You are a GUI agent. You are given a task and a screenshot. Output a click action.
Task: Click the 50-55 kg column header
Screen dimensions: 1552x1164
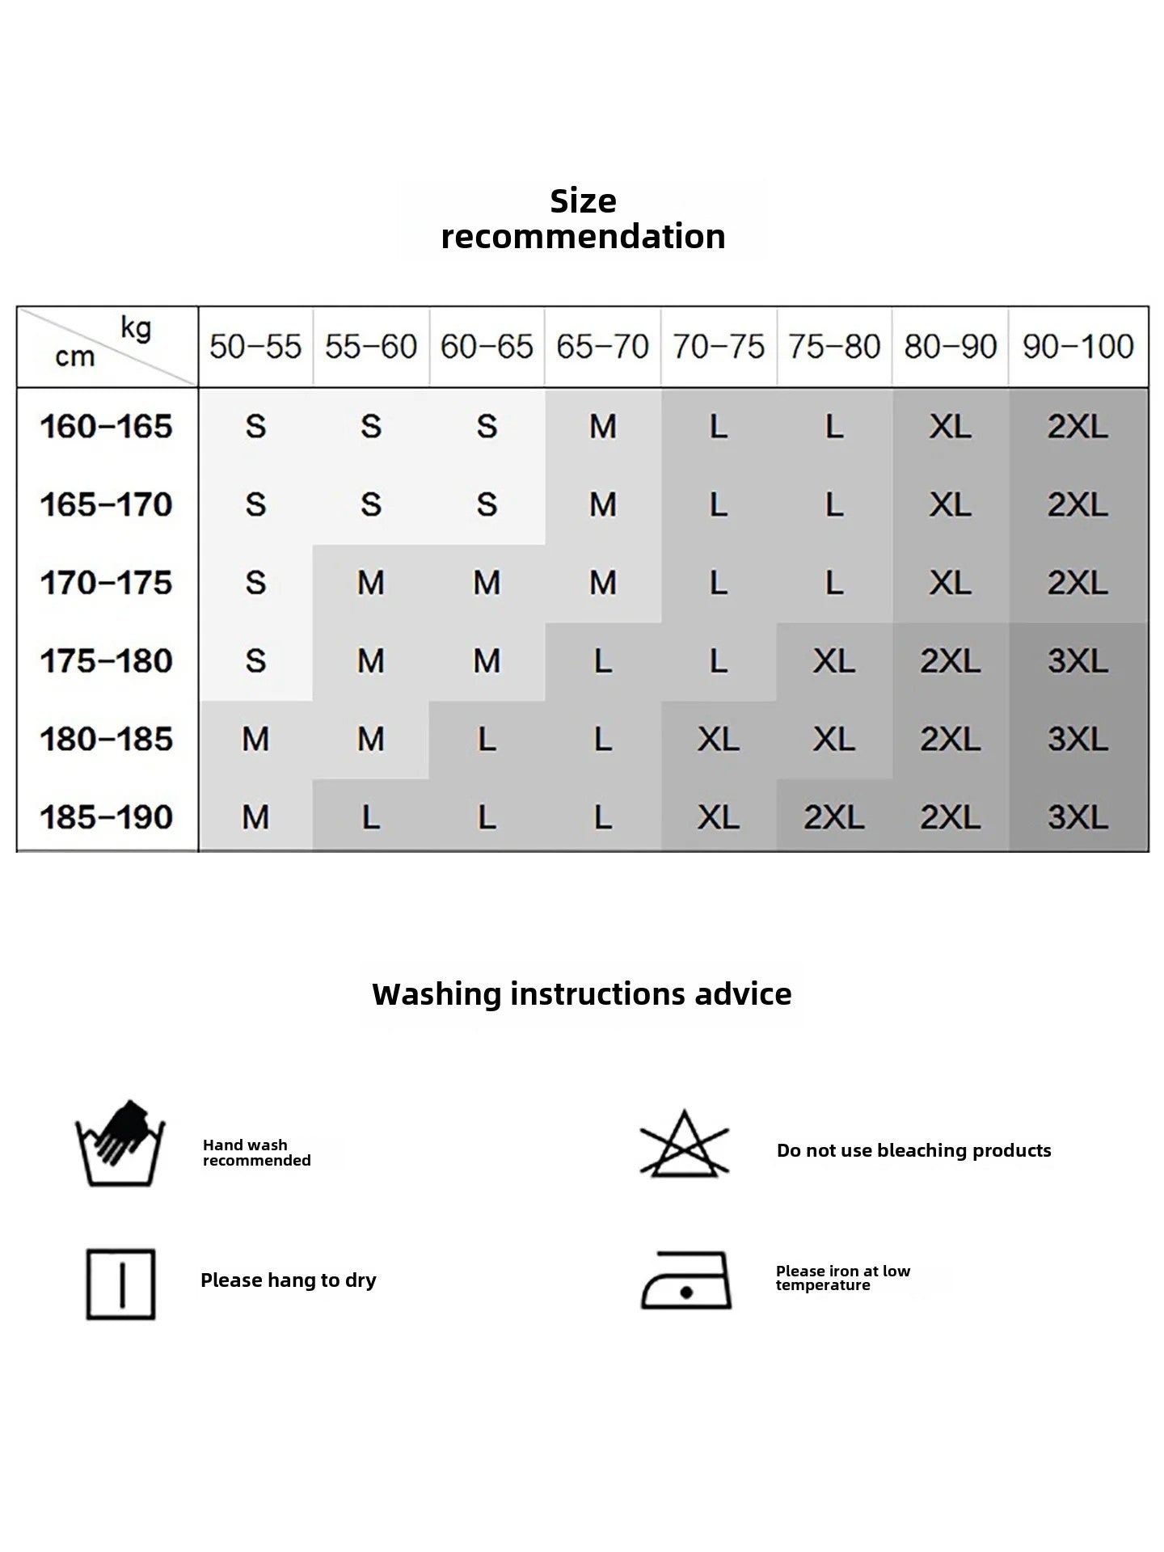[255, 347]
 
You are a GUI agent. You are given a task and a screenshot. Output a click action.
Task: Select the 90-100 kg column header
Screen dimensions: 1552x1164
[1078, 347]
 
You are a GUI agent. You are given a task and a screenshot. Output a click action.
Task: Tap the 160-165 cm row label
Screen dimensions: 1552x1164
[106, 427]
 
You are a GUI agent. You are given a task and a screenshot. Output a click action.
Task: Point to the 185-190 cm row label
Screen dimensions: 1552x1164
[106, 817]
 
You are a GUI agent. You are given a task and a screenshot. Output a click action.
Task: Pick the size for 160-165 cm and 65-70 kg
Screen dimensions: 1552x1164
[602, 427]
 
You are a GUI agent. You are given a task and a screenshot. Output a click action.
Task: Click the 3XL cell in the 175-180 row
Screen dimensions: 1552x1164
[1078, 661]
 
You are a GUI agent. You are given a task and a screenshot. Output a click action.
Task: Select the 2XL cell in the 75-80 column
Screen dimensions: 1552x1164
[833, 817]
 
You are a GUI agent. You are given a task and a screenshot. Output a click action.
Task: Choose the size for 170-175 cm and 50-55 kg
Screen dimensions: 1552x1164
[255, 583]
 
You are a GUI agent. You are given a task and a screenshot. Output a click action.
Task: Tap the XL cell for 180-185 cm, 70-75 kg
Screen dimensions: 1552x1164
[718, 739]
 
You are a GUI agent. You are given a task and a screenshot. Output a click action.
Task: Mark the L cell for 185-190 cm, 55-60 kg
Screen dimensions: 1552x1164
[370, 817]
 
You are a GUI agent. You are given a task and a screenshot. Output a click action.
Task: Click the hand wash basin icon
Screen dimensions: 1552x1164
[120, 1144]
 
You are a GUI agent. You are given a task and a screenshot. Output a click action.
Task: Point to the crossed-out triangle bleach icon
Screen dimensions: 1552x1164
[684, 1144]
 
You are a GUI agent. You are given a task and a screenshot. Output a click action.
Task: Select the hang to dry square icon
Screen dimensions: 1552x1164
[120, 1284]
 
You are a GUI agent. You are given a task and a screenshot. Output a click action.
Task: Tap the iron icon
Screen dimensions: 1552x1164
[685, 1281]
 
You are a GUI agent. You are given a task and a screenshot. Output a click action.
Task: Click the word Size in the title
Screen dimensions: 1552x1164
[583, 201]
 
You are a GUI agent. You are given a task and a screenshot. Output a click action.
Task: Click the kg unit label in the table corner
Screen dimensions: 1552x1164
[136, 328]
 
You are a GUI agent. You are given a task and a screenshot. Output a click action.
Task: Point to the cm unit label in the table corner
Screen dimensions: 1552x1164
[74, 356]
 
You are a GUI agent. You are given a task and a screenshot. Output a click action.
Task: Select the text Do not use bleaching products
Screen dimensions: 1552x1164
[913, 1150]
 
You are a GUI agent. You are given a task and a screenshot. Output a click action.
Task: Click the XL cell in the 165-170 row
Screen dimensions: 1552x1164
[950, 505]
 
